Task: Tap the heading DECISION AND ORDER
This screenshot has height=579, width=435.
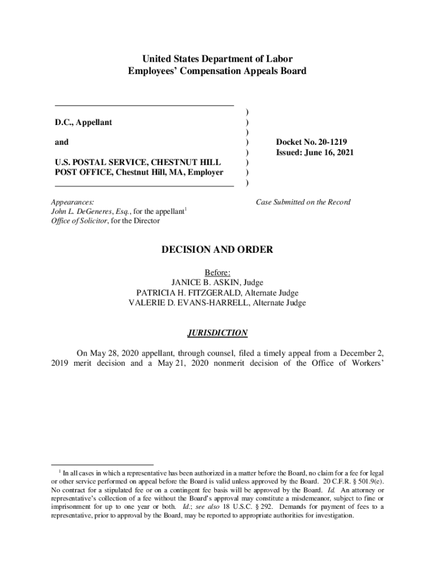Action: [217, 249]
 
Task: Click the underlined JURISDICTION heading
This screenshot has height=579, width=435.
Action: [217, 333]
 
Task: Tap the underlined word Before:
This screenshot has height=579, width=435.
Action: [217, 272]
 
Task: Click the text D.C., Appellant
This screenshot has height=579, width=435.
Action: [83, 122]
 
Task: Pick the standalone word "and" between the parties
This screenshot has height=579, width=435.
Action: [62, 142]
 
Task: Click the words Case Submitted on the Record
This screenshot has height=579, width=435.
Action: [303, 202]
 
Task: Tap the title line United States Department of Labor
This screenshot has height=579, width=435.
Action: [217, 59]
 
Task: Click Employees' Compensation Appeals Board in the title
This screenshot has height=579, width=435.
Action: [217, 71]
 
